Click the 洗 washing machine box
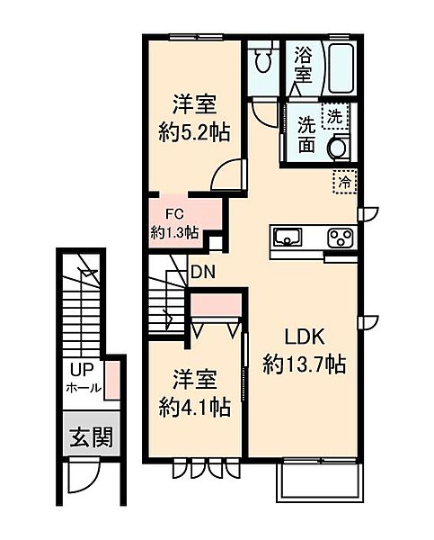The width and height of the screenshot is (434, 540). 334,116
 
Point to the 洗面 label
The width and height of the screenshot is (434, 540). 306,133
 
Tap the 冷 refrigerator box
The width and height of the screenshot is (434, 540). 344,181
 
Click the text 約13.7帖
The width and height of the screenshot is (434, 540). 306,364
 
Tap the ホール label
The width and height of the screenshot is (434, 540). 84,390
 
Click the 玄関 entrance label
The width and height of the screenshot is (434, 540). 92,439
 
